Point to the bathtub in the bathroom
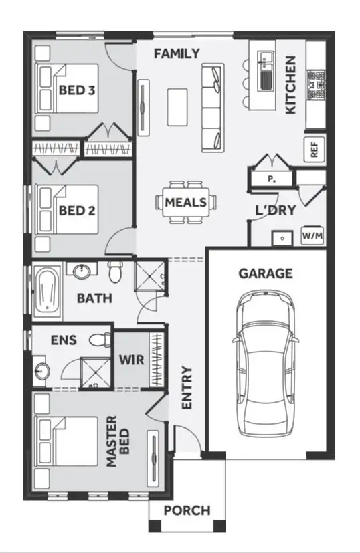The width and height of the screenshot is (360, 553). click(47, 292)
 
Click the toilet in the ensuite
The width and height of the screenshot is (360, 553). click(100, 339)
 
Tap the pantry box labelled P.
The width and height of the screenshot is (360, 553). click(271, 179)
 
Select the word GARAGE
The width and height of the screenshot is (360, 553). click(266, 273)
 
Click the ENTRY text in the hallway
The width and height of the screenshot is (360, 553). click(187, 387)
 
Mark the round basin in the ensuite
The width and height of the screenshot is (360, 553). click(40, 370)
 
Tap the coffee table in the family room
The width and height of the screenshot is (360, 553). click(177, 105)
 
